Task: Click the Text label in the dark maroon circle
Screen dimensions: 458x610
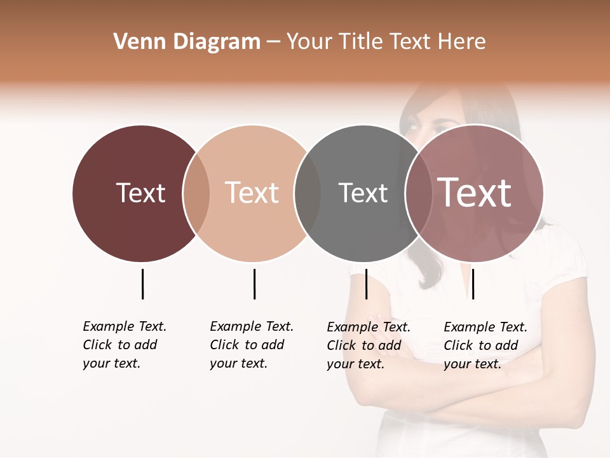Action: [x=140, y=193]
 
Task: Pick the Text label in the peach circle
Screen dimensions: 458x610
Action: [x=252, y=193]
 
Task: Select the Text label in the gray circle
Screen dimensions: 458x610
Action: [x=363, y=193]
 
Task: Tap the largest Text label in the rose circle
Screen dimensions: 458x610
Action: [x=475, y=193]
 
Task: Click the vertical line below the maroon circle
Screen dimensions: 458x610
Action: [x=142, y=284]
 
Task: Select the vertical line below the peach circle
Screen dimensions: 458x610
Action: [x=254, y=284]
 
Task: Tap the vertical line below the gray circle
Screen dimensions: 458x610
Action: [x=366, y=284]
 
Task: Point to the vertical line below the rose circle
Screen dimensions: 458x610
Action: [x=473, y=284]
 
